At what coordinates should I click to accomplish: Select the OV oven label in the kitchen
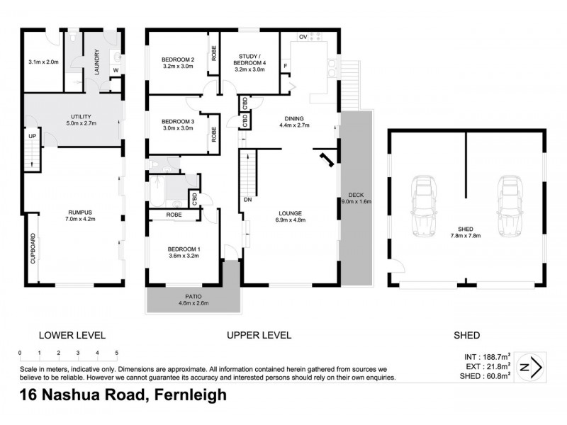coord(302,36)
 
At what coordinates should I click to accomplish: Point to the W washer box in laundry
coord(115,69)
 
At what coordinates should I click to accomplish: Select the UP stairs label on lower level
coord(32,136)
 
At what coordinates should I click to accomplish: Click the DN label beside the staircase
coord(247,200)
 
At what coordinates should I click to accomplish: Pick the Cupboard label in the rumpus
coord(33,249)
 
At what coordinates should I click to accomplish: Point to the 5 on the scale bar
coord(116,352)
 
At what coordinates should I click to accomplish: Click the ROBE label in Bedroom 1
coord(174,215)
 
